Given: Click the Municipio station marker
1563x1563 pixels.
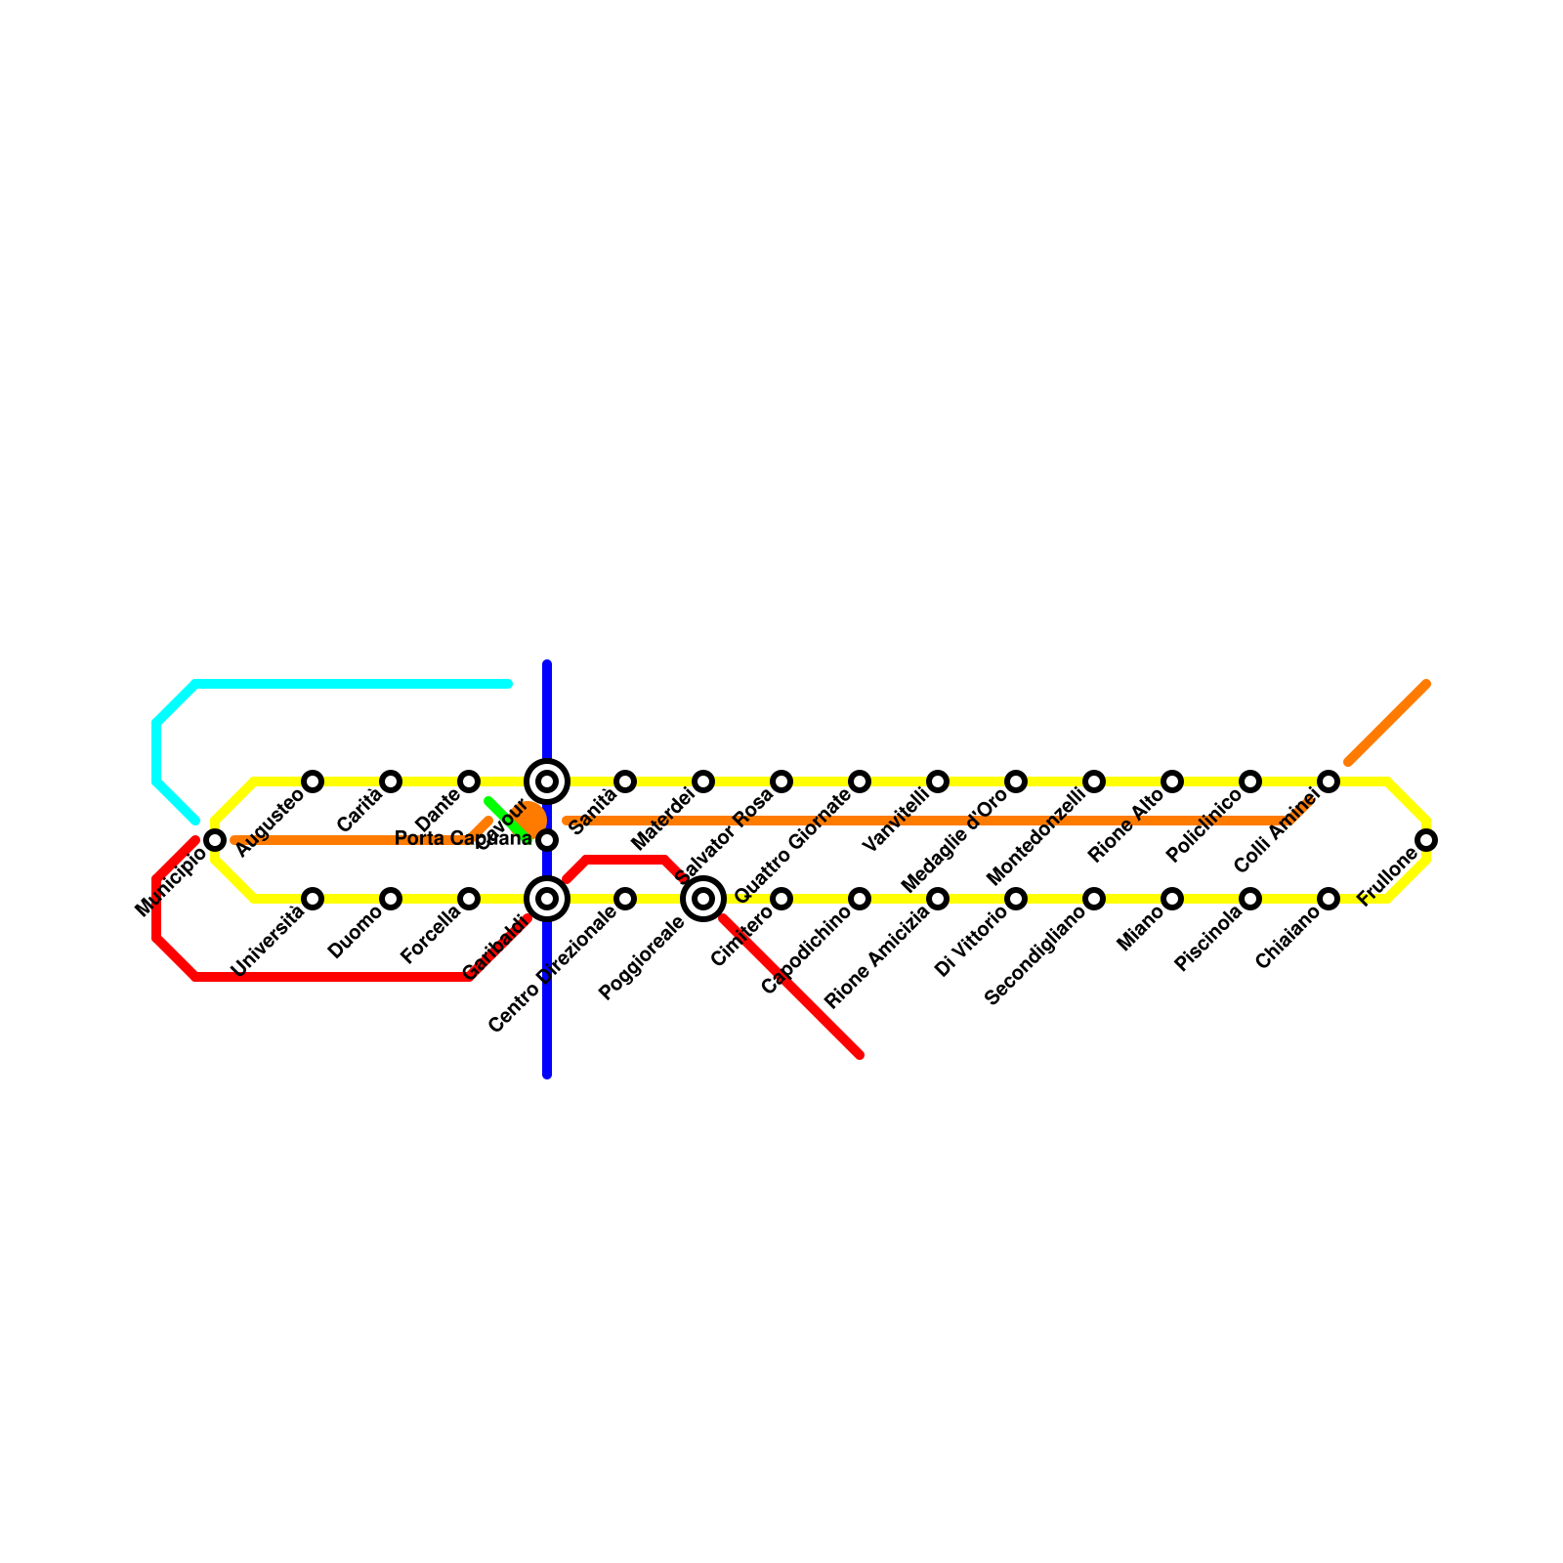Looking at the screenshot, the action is coord(215,840).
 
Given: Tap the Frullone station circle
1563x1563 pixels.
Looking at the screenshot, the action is coord(1426,840).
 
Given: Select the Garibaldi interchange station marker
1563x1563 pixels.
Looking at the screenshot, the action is coord(547,899).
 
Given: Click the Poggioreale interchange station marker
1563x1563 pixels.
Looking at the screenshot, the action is coord(703,899).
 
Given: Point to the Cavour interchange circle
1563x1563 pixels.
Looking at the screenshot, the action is coord(547,781).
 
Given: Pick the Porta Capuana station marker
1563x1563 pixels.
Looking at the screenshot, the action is coord(547,840).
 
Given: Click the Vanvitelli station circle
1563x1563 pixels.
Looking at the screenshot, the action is coord(938,781).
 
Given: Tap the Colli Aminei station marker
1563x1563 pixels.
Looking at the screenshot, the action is coord(1329,781).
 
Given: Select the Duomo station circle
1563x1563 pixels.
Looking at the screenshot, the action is coord(391,899).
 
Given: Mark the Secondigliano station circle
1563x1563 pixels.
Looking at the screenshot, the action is coord(1094,899).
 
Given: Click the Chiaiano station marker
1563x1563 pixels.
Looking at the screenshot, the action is coord(1329,899).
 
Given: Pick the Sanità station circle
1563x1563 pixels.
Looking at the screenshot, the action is coord(625,781).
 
